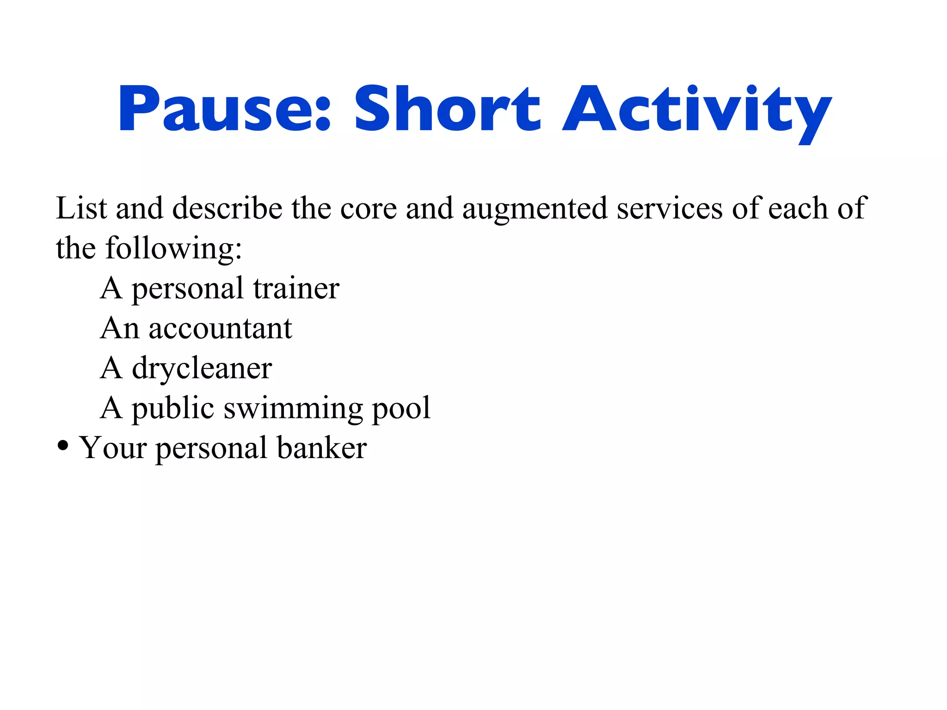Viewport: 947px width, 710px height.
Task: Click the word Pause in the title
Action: [x=217, y=110]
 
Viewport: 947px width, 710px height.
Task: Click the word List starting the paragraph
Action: [x=81, y=208]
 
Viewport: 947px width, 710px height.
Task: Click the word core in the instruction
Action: [x=369, y=208]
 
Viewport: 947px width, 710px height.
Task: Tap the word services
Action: [x=669, y=208]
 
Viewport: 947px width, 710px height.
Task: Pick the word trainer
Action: [x=296, y=288]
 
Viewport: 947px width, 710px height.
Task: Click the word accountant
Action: [x=221, y=329]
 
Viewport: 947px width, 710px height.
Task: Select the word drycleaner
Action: [x=202, y=369]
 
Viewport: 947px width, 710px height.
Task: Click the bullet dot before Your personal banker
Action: [x=63, y=447]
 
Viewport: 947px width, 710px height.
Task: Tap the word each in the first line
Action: [x=798, y=208]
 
